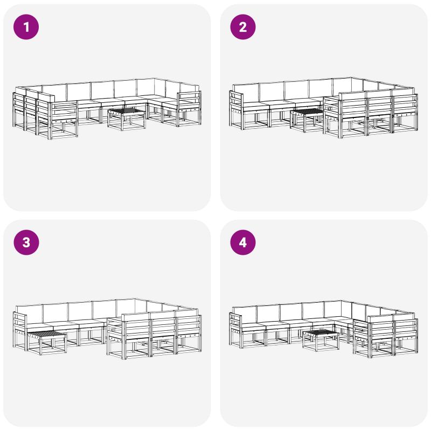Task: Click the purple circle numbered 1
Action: (26, 27)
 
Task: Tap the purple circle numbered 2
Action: (243, 27)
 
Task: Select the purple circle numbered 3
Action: (26, 242)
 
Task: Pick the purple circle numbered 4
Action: (243, 242)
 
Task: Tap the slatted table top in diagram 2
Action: (307, 112)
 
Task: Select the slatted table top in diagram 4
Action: (321, 332)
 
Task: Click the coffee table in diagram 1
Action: (126, 119)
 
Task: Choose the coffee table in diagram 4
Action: (321, 340)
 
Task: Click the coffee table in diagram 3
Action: (47, 343)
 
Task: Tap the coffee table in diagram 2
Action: (307, 120)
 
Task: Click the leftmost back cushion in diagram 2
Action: (246, 93)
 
